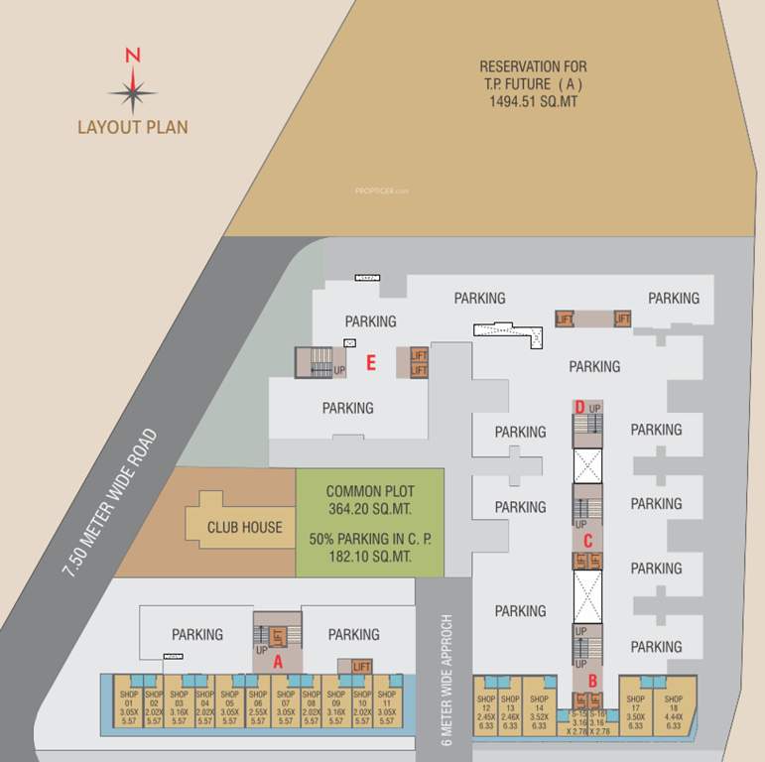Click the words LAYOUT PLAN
tap(133, 127)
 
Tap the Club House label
tap(245, 527)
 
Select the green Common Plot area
tap(370, 524)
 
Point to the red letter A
tap(278, 659)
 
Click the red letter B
tap(592, 681)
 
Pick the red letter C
tap(587, 541)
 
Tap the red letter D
tap(579, 406)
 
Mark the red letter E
tap(370, 362)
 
